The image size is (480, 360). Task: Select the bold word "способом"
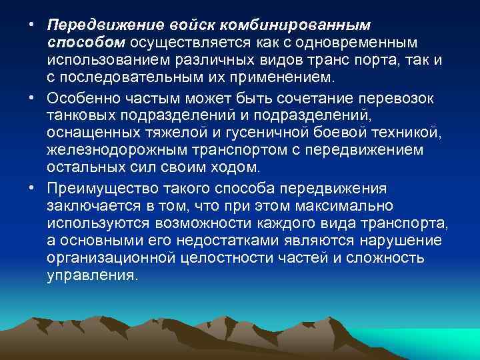(x=86, y=43)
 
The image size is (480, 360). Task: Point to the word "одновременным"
(x=359, y=43)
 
